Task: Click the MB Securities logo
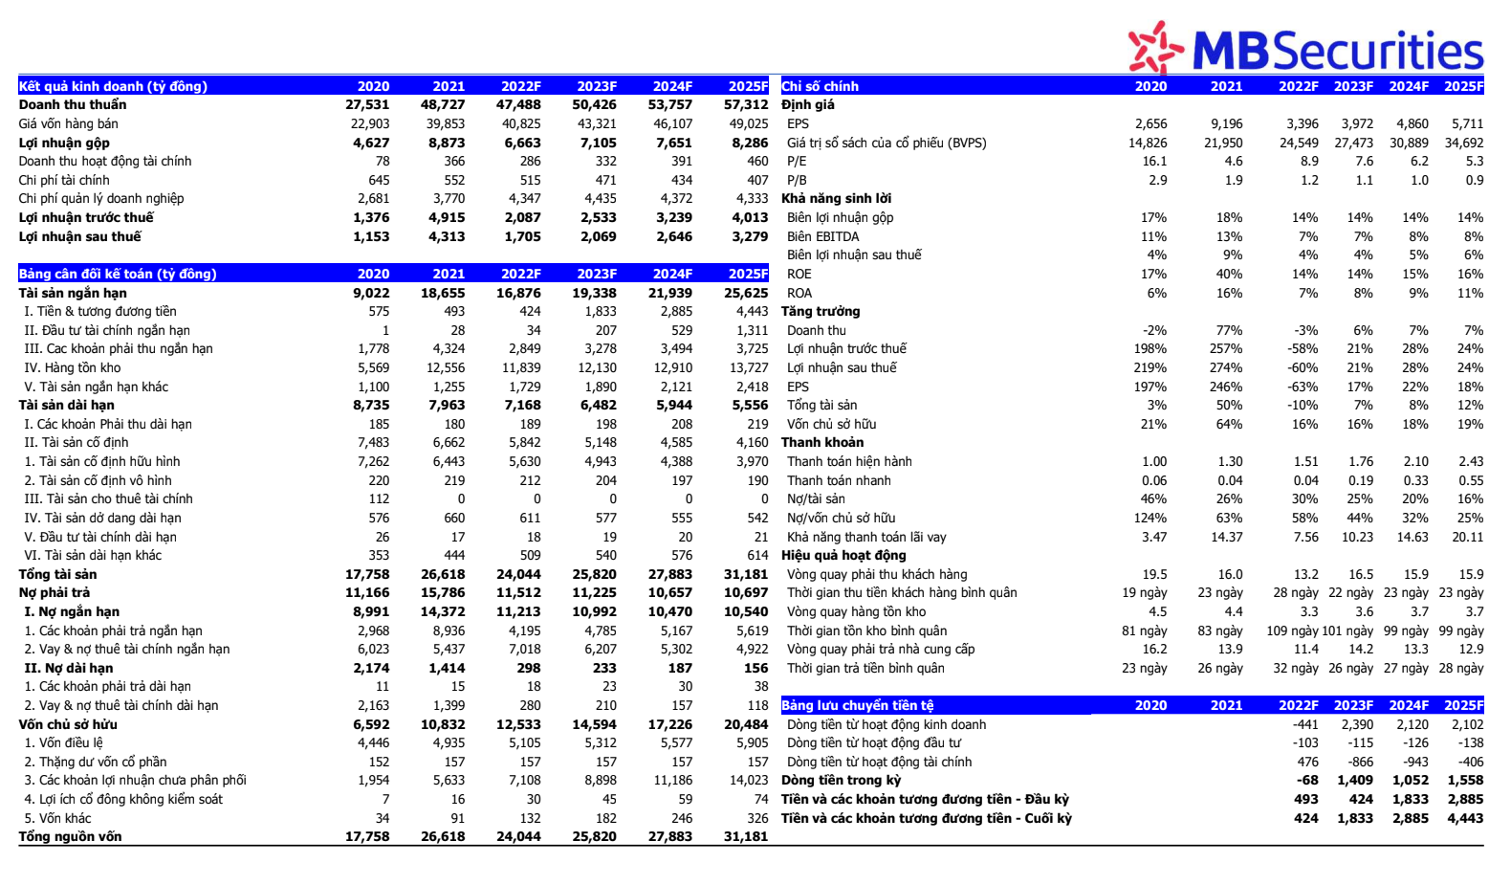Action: pyautogui.click(x=1305, y=48)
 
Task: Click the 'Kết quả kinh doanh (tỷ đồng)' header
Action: pyautogui.click(x=113, y=86)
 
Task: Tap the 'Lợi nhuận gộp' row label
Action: pyautogui.click(x=64, y=143)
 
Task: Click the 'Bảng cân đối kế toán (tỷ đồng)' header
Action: pyautogui.click(x=118, y=274)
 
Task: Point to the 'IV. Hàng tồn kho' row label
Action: pyautogui.click(x=73, y=367)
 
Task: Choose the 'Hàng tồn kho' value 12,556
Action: pyautogui.click(x=446, y=367)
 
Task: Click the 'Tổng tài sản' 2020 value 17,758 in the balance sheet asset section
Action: pyautogui.click(x=367, y=574)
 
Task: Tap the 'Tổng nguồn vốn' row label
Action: pyautogui.click(x=70, y=836)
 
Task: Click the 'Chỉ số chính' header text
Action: pyautogui.click(x=821, y=86)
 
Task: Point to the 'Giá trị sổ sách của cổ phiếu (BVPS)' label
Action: pyautogui.click(x=887, y=143)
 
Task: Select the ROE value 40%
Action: pyautogui.click(x=1230, y=274)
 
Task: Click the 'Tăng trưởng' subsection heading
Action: pyautogui.click(x=821, y=311)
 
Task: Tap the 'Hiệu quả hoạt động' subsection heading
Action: pyautogui.click(x=843, y=555)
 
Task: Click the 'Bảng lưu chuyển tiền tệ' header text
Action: pyautogui.click(x=858, y=705)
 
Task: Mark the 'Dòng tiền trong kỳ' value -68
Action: pyautogui.click(x=1306, y=780)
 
